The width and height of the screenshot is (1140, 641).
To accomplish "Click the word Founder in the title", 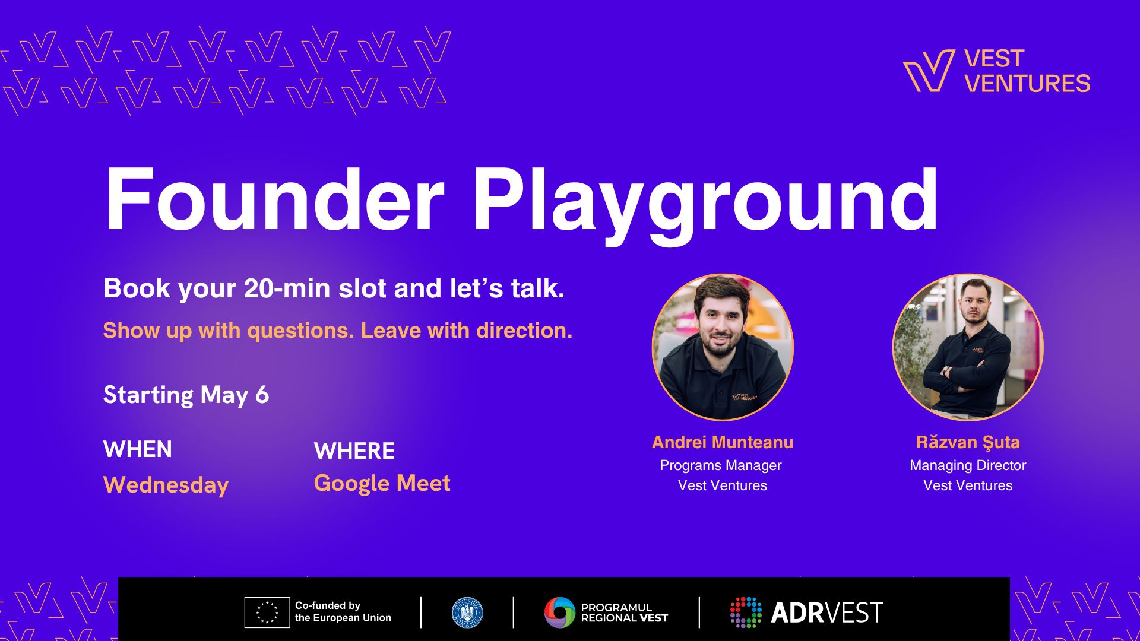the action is pos(274,199).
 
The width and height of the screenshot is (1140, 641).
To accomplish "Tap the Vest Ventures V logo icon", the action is pos(929,71).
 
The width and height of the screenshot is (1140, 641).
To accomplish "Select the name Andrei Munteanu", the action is pos(723,442).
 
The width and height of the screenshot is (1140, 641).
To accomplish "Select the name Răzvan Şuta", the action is pos(968,442).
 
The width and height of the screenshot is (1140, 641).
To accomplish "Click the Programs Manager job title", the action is pos(721,465).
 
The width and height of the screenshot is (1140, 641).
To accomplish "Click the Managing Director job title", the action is pos(968,465).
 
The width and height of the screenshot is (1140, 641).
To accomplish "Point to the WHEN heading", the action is pos(138,449).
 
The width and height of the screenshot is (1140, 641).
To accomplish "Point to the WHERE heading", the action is pos(354,451).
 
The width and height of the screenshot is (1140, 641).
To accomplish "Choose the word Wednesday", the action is pos(166,485).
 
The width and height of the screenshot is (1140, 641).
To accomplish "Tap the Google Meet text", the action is pos(382,483).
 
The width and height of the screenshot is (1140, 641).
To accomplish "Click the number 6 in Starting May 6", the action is pos(262,395).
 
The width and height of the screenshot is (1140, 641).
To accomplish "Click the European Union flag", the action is pos(267,613).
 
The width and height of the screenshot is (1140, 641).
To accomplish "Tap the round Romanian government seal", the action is pos(467,613).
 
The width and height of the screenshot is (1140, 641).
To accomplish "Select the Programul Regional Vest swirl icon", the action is pos(560,613).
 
